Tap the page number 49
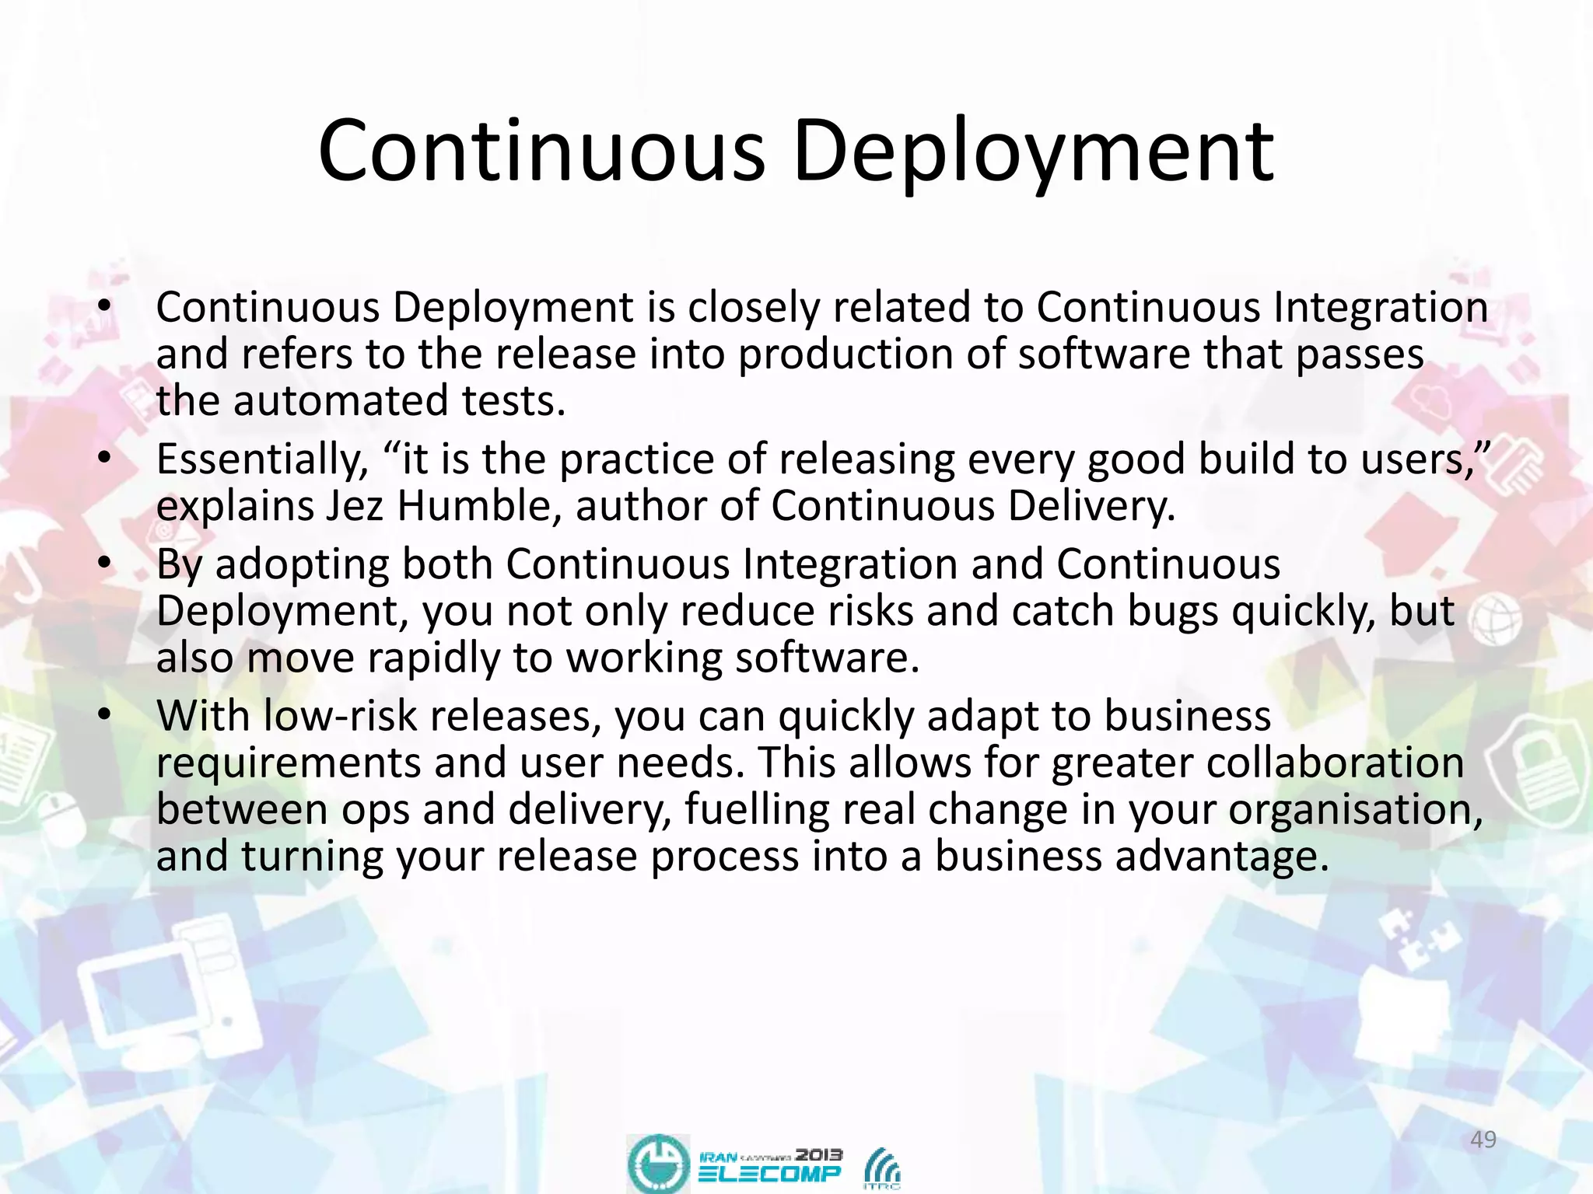coord(1483,1140)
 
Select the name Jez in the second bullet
coord(354,506)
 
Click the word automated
coord(341,401)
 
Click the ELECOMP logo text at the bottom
coord(770,1173)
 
